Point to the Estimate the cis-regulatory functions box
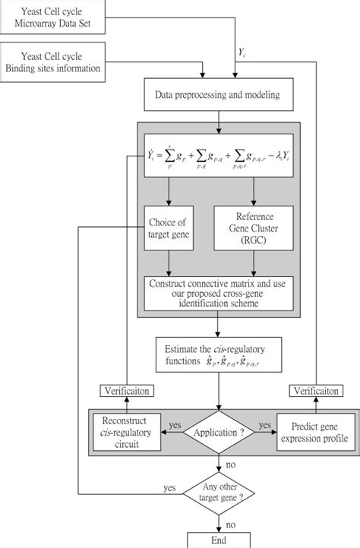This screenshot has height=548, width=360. (x=217, y=354)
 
